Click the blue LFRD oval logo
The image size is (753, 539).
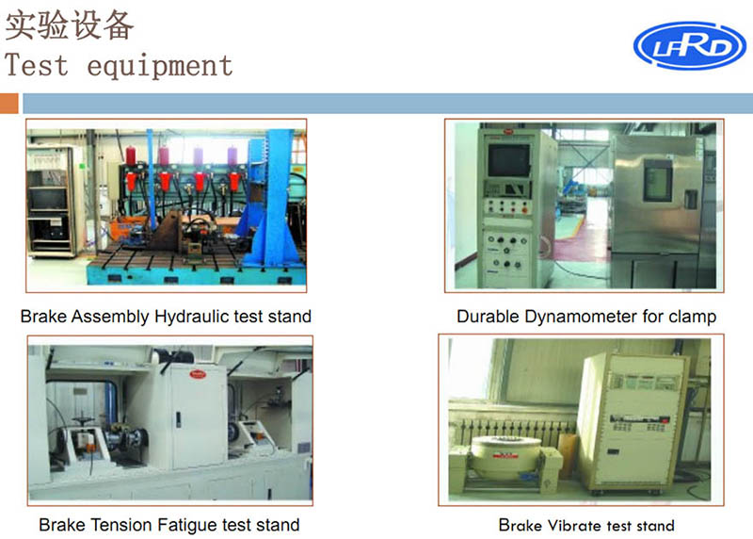click(690, 45)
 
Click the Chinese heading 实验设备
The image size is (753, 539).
click(69, 25)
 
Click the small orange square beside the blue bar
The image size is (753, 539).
click(9, 104)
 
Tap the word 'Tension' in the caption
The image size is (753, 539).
click(121, 525)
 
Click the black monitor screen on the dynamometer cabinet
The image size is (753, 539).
click(508, 160)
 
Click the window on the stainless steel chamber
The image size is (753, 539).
click(657, 179)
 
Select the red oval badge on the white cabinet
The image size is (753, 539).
click(198, 373)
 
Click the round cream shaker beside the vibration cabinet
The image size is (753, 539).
click(506, 457)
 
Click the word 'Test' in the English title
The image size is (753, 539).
click(36, 66)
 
